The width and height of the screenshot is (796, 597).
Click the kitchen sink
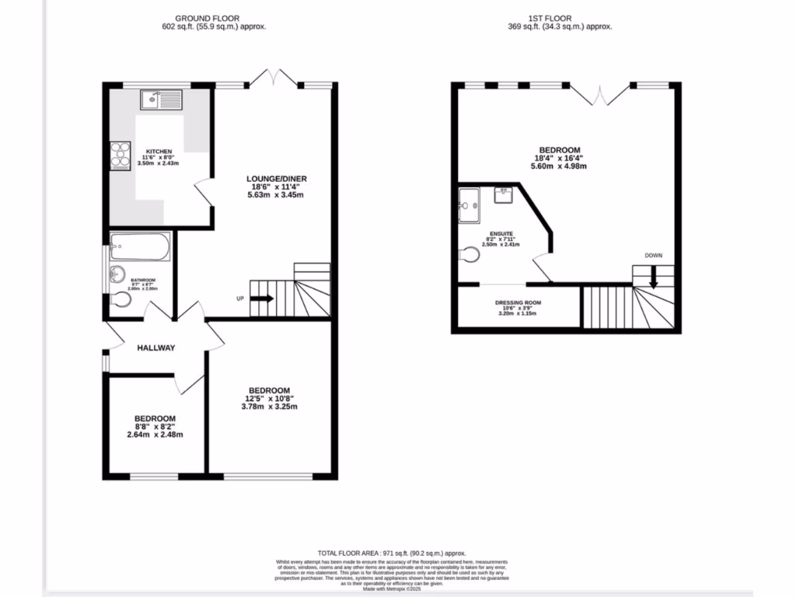pyautogui.click(x=161, y=99)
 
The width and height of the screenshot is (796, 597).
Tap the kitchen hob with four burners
pyautogui.click(x=120, y=155)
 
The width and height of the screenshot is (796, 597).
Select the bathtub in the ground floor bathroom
pyautogui.click(x=141, y=247)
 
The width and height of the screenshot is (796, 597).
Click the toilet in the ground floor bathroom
pyautogui.click(x=121, y=300)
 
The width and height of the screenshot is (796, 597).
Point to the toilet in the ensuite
pyautogui.click(x=469, y=254)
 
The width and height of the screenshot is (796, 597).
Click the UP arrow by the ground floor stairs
pyautogui.click(x=262, y=298)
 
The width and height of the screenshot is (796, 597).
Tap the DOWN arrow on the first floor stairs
pyautogui.click(x=654, y=276)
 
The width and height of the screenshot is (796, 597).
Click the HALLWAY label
pyautogui.click(x=156, y=348)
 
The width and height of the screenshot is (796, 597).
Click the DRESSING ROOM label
pyautogui.click(x=518, y=303)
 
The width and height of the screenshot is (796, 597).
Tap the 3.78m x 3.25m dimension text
pyautogui.click(x=269, y=407)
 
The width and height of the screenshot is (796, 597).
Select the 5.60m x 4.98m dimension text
pyautogui.click(x=559, y=166)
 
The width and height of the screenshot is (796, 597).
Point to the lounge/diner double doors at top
pyautogui.click(x=276, y=79)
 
